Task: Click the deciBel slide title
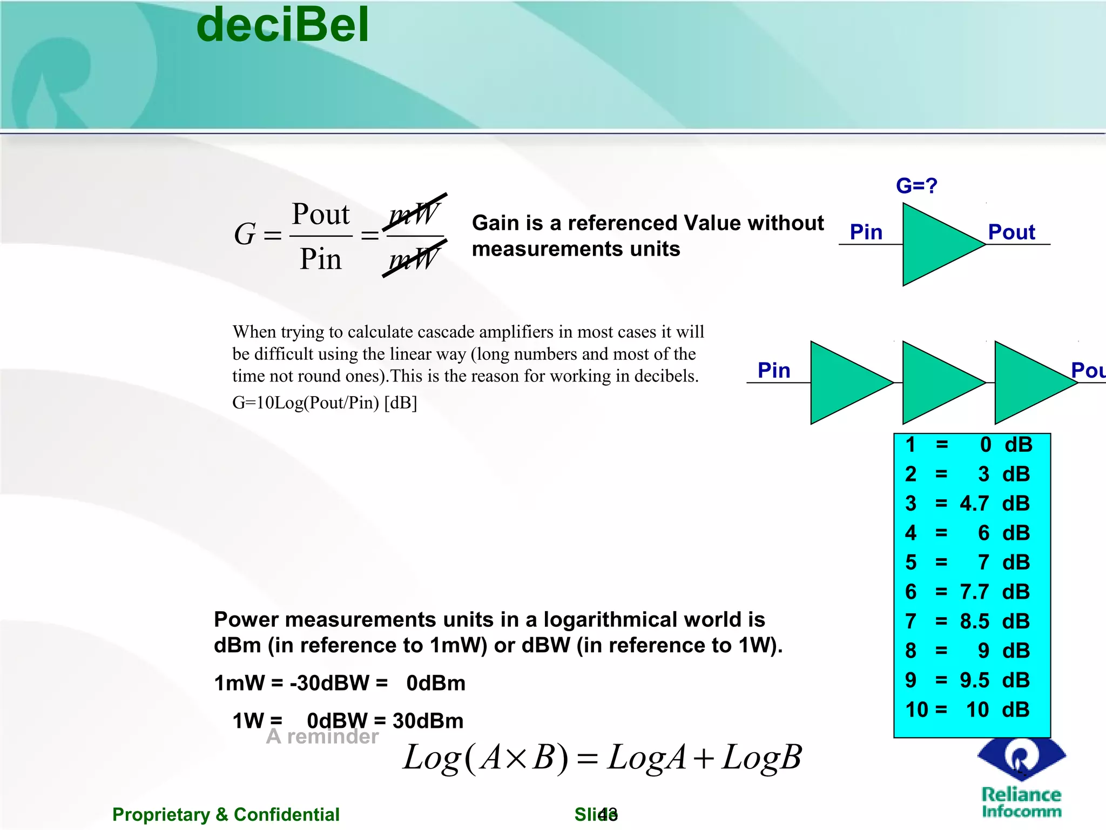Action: point(282,25)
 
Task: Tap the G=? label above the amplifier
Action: point(916,186)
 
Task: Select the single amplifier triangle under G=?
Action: point(938,244)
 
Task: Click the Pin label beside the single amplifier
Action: point(866,232)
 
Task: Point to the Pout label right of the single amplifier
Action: point(1011,232)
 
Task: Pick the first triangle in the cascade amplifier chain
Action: point(845,383)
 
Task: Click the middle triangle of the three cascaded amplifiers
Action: point(938,383)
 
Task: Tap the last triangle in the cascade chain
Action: point(1029,383)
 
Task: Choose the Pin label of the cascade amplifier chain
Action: point(774,371)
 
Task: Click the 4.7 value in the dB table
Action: point(974,504)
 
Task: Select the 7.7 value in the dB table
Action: point(974,592)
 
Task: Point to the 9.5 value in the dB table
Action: point(974,680)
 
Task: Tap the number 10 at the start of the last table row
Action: point(916,709)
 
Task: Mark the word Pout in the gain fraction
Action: point(321,214)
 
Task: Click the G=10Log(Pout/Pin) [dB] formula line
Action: point(325,403)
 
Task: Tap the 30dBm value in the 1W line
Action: point(428,721)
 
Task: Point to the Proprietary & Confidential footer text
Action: point(226,814)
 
